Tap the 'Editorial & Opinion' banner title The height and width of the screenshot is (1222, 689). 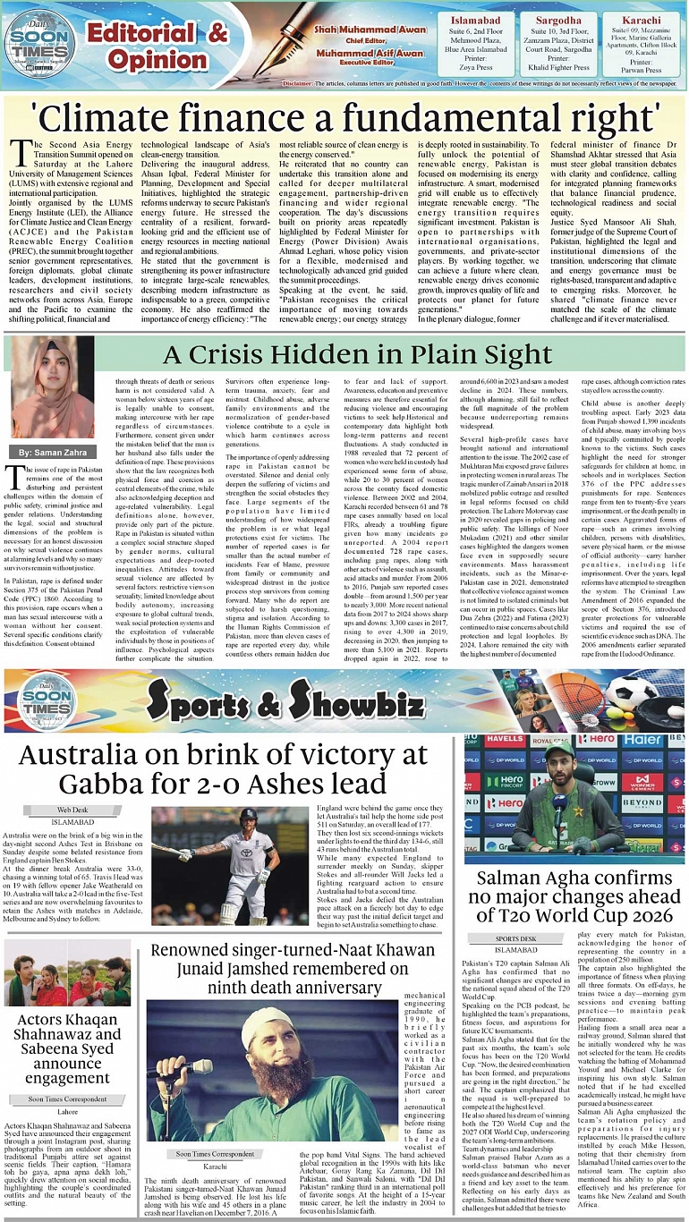point(157,47)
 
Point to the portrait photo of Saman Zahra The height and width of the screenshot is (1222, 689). point(41,387)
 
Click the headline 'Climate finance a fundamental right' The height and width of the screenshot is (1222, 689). point(344,117)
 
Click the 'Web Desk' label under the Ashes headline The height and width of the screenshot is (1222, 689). point(72,810)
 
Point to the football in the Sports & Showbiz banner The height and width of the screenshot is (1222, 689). point(632,691)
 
